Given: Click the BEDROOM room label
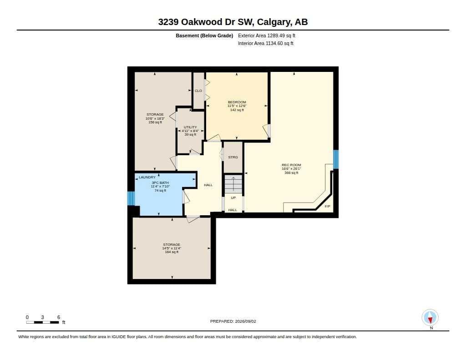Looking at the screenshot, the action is pyautogui.click(x=237, y=102).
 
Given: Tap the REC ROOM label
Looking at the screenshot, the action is pyautogui.click(x=291, y=165).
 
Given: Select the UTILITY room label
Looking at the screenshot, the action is pyautogui.click(x=190, y=127).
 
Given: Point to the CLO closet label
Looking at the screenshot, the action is pyautogui.click(x=198, y=91).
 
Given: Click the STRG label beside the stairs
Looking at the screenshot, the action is pyautogui.click(x=233, y=157).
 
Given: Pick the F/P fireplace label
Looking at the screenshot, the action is pyautogui.click(x=327, y=206).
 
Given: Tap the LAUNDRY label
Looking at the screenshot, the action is pyautogui.click(x=147, y=177).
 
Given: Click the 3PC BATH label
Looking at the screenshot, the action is pyautogui.click(x=160, y=183).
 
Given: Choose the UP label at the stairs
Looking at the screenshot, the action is pyautogui.click(x=233, y=198).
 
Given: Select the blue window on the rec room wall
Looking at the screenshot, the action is pyautogui.click(x=336, y=159).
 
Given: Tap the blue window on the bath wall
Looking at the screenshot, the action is pyautogui.click(x=131, y=198).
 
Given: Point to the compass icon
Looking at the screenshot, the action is pyautogui.click(x=430, y=318).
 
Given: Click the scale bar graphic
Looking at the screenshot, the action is pyautogui.click(x=42, y=322).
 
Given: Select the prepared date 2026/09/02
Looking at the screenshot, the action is pyautogui.click(x=245, y=321).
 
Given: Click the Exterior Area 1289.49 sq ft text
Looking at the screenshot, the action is pyautogui.click(x=267, y=35).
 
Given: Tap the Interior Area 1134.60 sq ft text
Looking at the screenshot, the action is pyautogui.click(x=266, y=43).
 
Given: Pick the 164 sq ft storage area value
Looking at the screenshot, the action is pyautogui.click(x=172, y=252).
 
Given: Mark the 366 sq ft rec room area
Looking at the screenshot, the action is pyautogui.click(x=291, y=172).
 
